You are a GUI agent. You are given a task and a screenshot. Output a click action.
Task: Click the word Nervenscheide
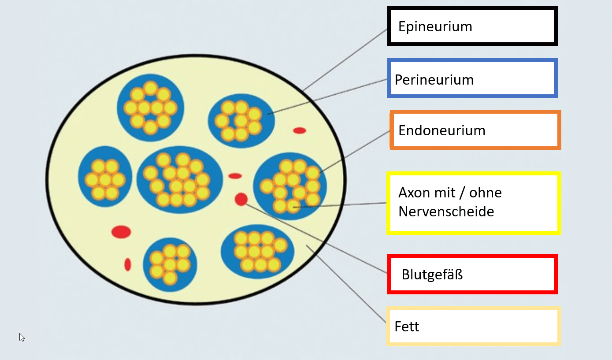click(446, 212)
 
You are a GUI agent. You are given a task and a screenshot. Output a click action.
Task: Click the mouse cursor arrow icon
click(22, 338)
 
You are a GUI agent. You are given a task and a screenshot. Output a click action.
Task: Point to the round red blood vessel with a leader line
click(241, 199)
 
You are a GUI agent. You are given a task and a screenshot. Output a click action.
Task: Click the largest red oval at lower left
click(121, 232)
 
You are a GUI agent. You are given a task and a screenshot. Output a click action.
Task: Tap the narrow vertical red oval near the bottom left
click(128, 264)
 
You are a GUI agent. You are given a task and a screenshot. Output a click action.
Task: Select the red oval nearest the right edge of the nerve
click(300, 130)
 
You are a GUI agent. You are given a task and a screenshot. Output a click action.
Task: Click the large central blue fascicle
click(179, 180)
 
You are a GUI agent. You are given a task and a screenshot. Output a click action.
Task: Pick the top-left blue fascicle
click(150, 108)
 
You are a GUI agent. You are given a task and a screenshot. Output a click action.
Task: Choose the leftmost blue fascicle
click(105, 176)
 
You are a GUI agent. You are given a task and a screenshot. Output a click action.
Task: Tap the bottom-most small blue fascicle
click(170, 264)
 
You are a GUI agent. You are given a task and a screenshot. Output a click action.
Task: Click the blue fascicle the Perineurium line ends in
click(241, 121)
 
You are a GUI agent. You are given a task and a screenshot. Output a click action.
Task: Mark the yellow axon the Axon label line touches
click(293, 206)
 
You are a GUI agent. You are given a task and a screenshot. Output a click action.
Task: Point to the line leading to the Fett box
click(346, 284)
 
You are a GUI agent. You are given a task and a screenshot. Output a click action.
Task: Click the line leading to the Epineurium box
click(345, 59)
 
